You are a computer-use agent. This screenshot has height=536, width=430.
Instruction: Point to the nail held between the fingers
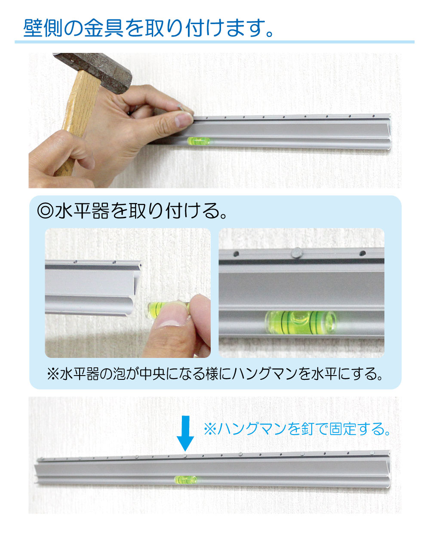pos(181,108)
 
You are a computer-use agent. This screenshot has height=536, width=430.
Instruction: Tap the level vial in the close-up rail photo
pos(301,322)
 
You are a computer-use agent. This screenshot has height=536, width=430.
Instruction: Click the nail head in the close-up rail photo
pos(297,253)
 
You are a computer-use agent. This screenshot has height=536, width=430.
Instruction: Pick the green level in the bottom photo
pos(185,480)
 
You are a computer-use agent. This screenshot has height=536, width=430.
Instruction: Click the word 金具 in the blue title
pos(104,28)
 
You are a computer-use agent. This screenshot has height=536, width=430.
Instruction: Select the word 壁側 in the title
pos(43,28)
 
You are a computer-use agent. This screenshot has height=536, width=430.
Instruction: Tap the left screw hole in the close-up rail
pos(236,254)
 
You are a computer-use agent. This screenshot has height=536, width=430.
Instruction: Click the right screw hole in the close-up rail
pos(362,253)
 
